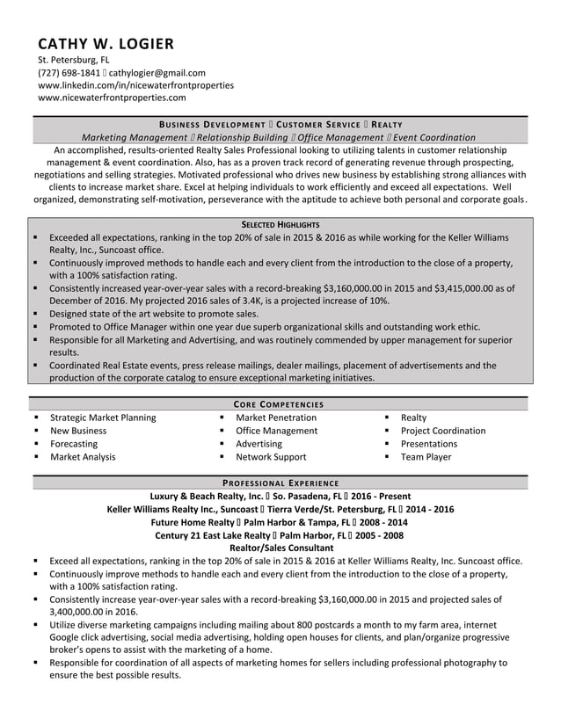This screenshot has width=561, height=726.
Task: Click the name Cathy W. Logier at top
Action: (x=106, y=43)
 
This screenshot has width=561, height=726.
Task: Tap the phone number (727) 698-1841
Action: (x=69, y=73)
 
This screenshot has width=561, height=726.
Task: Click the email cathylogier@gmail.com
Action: (x=157, y=73)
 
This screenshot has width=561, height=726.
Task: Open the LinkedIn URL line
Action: (x=135, y=85)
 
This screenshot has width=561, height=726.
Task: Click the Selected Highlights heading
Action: (x=280, y=225)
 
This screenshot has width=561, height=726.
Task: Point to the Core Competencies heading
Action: (x=280, y=404)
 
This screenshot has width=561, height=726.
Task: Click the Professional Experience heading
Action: (x=280, y=483)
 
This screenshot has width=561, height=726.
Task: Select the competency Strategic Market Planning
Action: (x=103, y=417)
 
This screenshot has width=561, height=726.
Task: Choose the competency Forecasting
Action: (x=74, y=444)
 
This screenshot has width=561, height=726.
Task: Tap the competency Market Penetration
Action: (x=276, y=417)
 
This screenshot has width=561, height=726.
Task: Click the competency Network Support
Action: (x=271, y=457)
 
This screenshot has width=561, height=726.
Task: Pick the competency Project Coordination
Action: (x=442, y=431)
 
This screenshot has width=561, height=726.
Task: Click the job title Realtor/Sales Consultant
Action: (x=280, y=548)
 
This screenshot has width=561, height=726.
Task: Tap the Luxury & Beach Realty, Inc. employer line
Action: (x=280, y=496)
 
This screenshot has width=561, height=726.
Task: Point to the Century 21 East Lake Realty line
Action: (x=280, y=534)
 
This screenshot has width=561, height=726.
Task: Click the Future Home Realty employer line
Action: (x=280, y=521)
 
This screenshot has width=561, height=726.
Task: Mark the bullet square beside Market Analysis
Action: (x=35, y=457)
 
